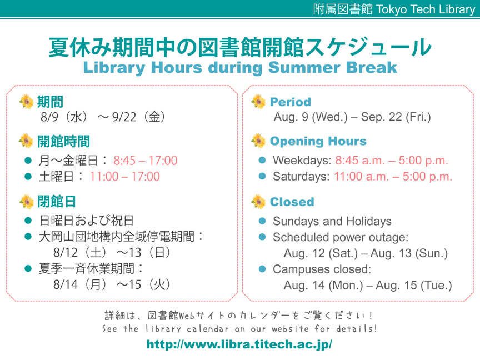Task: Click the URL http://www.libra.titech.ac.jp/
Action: point(239,344)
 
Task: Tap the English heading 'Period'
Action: point(290,102)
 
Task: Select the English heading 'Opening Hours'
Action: point(318,142)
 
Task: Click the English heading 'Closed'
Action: point(292,202)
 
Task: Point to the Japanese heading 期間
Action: point(50,102)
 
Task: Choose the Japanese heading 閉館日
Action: point(57,202)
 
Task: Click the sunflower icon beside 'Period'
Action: point(258,102)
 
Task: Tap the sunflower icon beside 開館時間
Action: point(26,141)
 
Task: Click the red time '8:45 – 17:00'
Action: point(146,161)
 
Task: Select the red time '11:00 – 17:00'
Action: point(125,176)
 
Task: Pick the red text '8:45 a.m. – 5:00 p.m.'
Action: point(392,161)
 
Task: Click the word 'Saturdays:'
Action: point(301,176)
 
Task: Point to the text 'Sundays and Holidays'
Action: point(332,221)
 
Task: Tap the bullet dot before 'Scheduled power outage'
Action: point(262,237)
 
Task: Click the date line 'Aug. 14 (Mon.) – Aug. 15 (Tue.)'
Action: point(368,285)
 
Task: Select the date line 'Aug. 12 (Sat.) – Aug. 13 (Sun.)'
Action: point(366,253)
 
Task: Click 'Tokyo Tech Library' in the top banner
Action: point(425,9)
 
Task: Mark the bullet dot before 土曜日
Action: point(28,176)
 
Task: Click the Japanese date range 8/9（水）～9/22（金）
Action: point(103,117)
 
